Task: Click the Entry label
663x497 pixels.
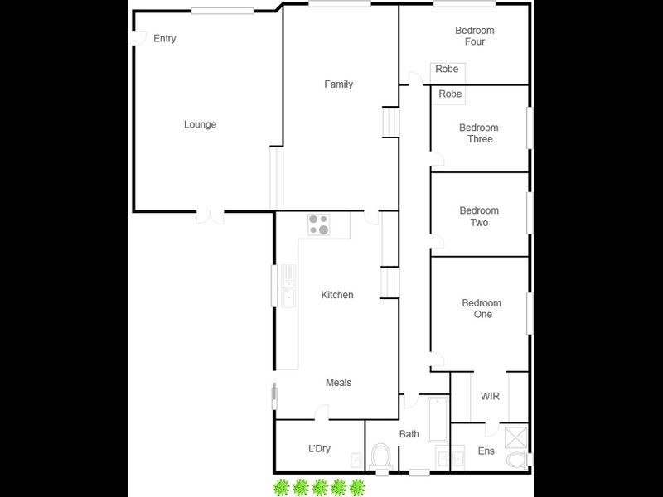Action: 165,39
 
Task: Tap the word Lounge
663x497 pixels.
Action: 200,125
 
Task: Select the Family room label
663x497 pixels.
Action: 338,84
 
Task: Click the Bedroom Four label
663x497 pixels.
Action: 475,36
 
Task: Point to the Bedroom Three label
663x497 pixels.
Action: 479,133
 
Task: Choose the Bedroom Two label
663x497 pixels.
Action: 480,217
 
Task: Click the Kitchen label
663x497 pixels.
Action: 337,296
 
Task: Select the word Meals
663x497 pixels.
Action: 338,383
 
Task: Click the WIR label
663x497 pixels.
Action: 490,397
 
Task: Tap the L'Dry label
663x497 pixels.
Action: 319,449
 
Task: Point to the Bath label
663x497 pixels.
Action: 409,434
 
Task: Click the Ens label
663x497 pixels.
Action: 486,451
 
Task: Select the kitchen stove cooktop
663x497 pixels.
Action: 319,224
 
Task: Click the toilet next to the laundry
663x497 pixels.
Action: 382,457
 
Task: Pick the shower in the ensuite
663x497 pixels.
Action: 515,437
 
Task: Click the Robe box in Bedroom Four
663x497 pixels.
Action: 448,70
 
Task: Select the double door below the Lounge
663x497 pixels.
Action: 210,217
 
